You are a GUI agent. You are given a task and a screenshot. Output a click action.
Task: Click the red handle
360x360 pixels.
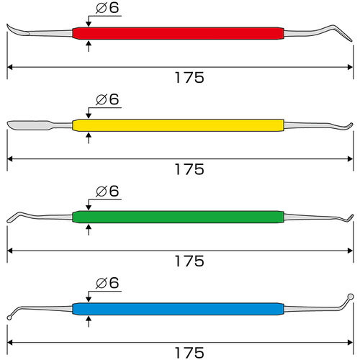point(178,33)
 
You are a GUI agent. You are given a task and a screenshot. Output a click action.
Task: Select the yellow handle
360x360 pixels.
point(178,125)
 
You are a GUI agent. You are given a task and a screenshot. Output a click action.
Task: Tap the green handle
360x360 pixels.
point(178,217)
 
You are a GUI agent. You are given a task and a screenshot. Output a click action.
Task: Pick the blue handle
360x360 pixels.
point(178,309)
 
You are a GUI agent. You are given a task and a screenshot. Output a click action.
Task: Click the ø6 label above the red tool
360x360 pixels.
point(107,7)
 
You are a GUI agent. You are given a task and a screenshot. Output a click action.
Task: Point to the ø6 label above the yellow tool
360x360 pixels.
point(107,99)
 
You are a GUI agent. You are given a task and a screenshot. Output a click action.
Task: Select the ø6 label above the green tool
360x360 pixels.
point(107,191)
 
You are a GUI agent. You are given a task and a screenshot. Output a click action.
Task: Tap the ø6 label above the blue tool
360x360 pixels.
point(107,283)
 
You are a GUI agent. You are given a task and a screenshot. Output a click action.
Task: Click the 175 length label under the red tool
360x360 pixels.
point(189,78)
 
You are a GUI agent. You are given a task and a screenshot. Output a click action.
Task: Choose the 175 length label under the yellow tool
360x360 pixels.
point(189,169)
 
